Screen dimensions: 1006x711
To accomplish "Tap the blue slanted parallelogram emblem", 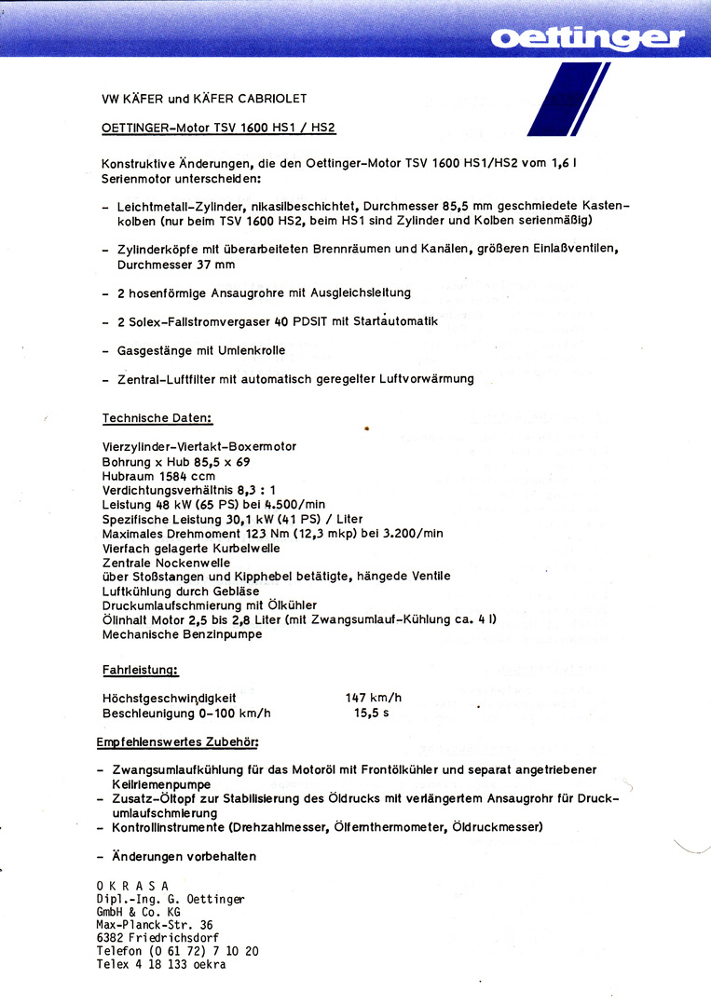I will tap(568, 100).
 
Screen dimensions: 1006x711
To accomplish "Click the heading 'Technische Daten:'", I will tap(157, 418).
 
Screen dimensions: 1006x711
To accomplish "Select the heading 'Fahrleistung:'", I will tap(140, 670).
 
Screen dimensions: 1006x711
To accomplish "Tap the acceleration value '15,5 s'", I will tap(372, 714).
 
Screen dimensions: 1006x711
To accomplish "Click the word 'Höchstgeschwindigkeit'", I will tap(169, 698).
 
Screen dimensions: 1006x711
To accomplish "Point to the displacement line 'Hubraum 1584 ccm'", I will tap(158, 476).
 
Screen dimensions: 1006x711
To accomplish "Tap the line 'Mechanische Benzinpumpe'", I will tap(182, 634).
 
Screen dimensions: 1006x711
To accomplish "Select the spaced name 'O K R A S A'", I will tap(132, 885).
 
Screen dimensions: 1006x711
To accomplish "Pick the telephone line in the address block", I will tap(177, 951).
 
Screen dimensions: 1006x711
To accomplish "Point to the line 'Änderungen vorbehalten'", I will tap(184, 856).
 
